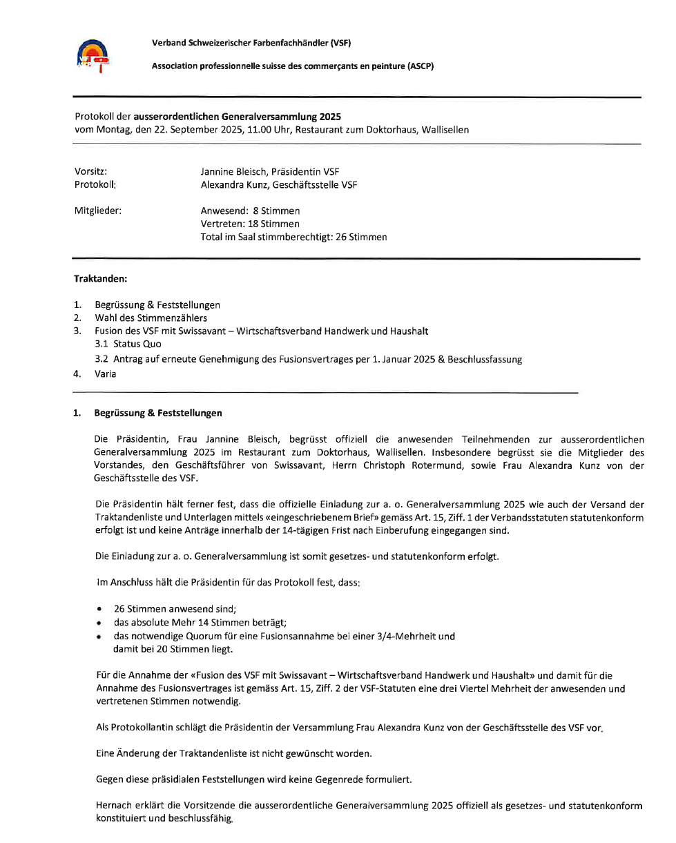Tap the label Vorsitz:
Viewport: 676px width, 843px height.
pos(91,171)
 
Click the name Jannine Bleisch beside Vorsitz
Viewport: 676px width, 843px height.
pos(234,171)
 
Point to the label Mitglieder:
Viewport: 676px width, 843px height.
pos(97,211)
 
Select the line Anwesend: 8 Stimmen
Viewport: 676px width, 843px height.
pos(251,211)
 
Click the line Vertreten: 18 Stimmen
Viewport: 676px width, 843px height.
pos(250,224)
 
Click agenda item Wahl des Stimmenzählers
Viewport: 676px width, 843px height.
pos(151,318)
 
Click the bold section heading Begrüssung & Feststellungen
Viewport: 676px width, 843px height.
pos(158,413)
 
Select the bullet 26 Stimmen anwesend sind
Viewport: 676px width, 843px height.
pos(175,609)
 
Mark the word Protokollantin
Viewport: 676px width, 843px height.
pos(134,727)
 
